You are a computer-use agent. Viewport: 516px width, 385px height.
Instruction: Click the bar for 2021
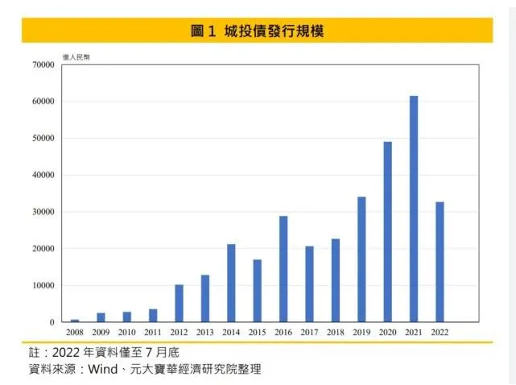click(414, 209)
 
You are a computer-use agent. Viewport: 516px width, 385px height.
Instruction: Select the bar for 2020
click(387, 232)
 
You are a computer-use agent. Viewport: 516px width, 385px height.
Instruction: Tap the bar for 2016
click(283, 269)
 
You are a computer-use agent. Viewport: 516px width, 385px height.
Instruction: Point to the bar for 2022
click(440, 262)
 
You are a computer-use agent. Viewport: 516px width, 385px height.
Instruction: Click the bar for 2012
click(179, 304)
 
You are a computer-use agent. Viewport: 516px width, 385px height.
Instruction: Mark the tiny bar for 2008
click(75, 321)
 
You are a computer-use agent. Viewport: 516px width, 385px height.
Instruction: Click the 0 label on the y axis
click(52, 322)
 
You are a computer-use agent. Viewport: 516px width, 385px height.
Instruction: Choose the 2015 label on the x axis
click(257, 332)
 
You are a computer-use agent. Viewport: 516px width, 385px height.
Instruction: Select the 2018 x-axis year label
click(335, 332)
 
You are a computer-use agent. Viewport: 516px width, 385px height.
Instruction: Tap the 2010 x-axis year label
click(126, 332)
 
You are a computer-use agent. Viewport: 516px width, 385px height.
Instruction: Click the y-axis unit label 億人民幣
click(76, 57)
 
